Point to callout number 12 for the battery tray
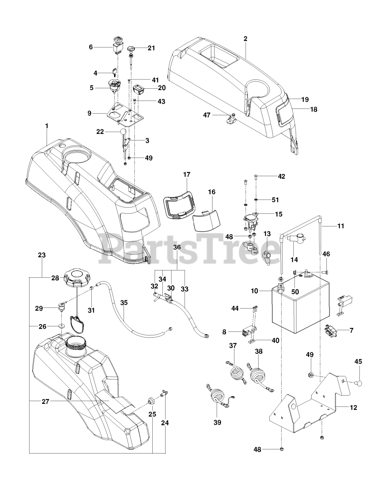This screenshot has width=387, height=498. [x=353, y=407]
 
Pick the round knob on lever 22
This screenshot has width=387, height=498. [x=123, y=132]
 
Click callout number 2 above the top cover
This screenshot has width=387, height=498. [x=245, y=39]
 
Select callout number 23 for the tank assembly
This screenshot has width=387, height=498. [x=42, y=255]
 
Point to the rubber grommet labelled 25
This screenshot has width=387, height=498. [x=150, y=401]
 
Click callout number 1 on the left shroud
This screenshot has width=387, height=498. [x=47, y=126]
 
